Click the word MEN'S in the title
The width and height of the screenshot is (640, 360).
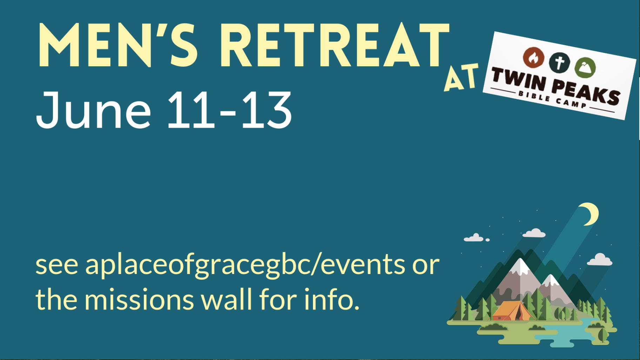click(x=118, y=45)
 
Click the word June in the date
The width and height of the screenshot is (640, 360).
click(x=94, y=110)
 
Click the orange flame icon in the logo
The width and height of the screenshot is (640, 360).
click(x=533, y=58)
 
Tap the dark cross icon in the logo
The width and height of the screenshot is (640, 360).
click(x=559, y=62)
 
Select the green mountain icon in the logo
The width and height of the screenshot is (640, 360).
click(x=585, y=67)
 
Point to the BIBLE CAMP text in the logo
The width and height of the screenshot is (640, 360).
click(x=552, y=100)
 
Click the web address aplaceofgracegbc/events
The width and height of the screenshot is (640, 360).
click(x=245, y=266)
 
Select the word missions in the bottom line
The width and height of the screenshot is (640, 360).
click(x=139, y=300)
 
